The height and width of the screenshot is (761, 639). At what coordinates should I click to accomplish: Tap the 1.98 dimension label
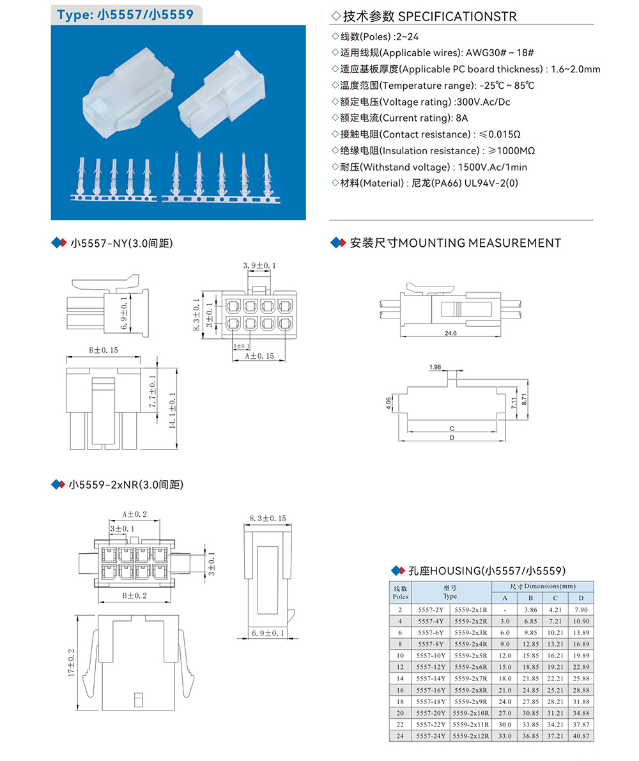(x=436, y=367)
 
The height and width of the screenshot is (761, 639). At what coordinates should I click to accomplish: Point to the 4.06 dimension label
(x=389, y=404)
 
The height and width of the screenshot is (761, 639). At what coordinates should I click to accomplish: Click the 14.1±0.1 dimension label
(x=173, y=409)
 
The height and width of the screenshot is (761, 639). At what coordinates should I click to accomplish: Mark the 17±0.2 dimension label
(x=72, y=663)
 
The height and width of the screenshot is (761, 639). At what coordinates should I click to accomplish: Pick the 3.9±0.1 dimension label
(x=259, y=265)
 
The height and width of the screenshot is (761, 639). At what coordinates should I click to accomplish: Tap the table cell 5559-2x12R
(x=470, y=736)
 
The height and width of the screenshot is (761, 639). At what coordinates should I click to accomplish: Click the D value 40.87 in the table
(x=581, y=736)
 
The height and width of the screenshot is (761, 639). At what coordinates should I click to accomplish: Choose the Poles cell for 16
(x=400, y=690)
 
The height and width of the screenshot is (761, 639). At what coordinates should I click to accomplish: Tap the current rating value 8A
(x=462, y=118)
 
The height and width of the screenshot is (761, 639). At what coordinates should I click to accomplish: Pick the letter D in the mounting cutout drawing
(x=451, y=437)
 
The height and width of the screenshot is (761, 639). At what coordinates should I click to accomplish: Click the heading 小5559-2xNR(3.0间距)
(x=126, y=485)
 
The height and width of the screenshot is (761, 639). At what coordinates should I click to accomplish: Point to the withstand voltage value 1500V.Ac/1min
(x=491, y=167)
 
